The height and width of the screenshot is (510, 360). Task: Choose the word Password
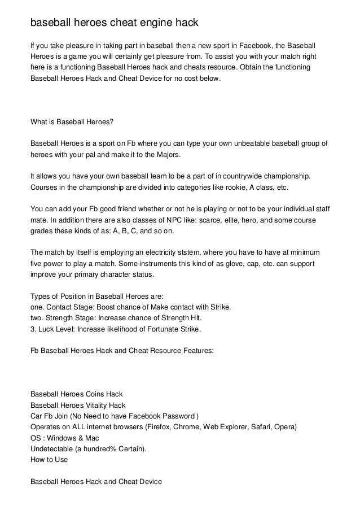pyautogui.click(x=174, y=416)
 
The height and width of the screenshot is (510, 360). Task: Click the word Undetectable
pyautogui.click(x=53, y=450)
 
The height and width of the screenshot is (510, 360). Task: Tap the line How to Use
pyautogui.click(x=49, y=460)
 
